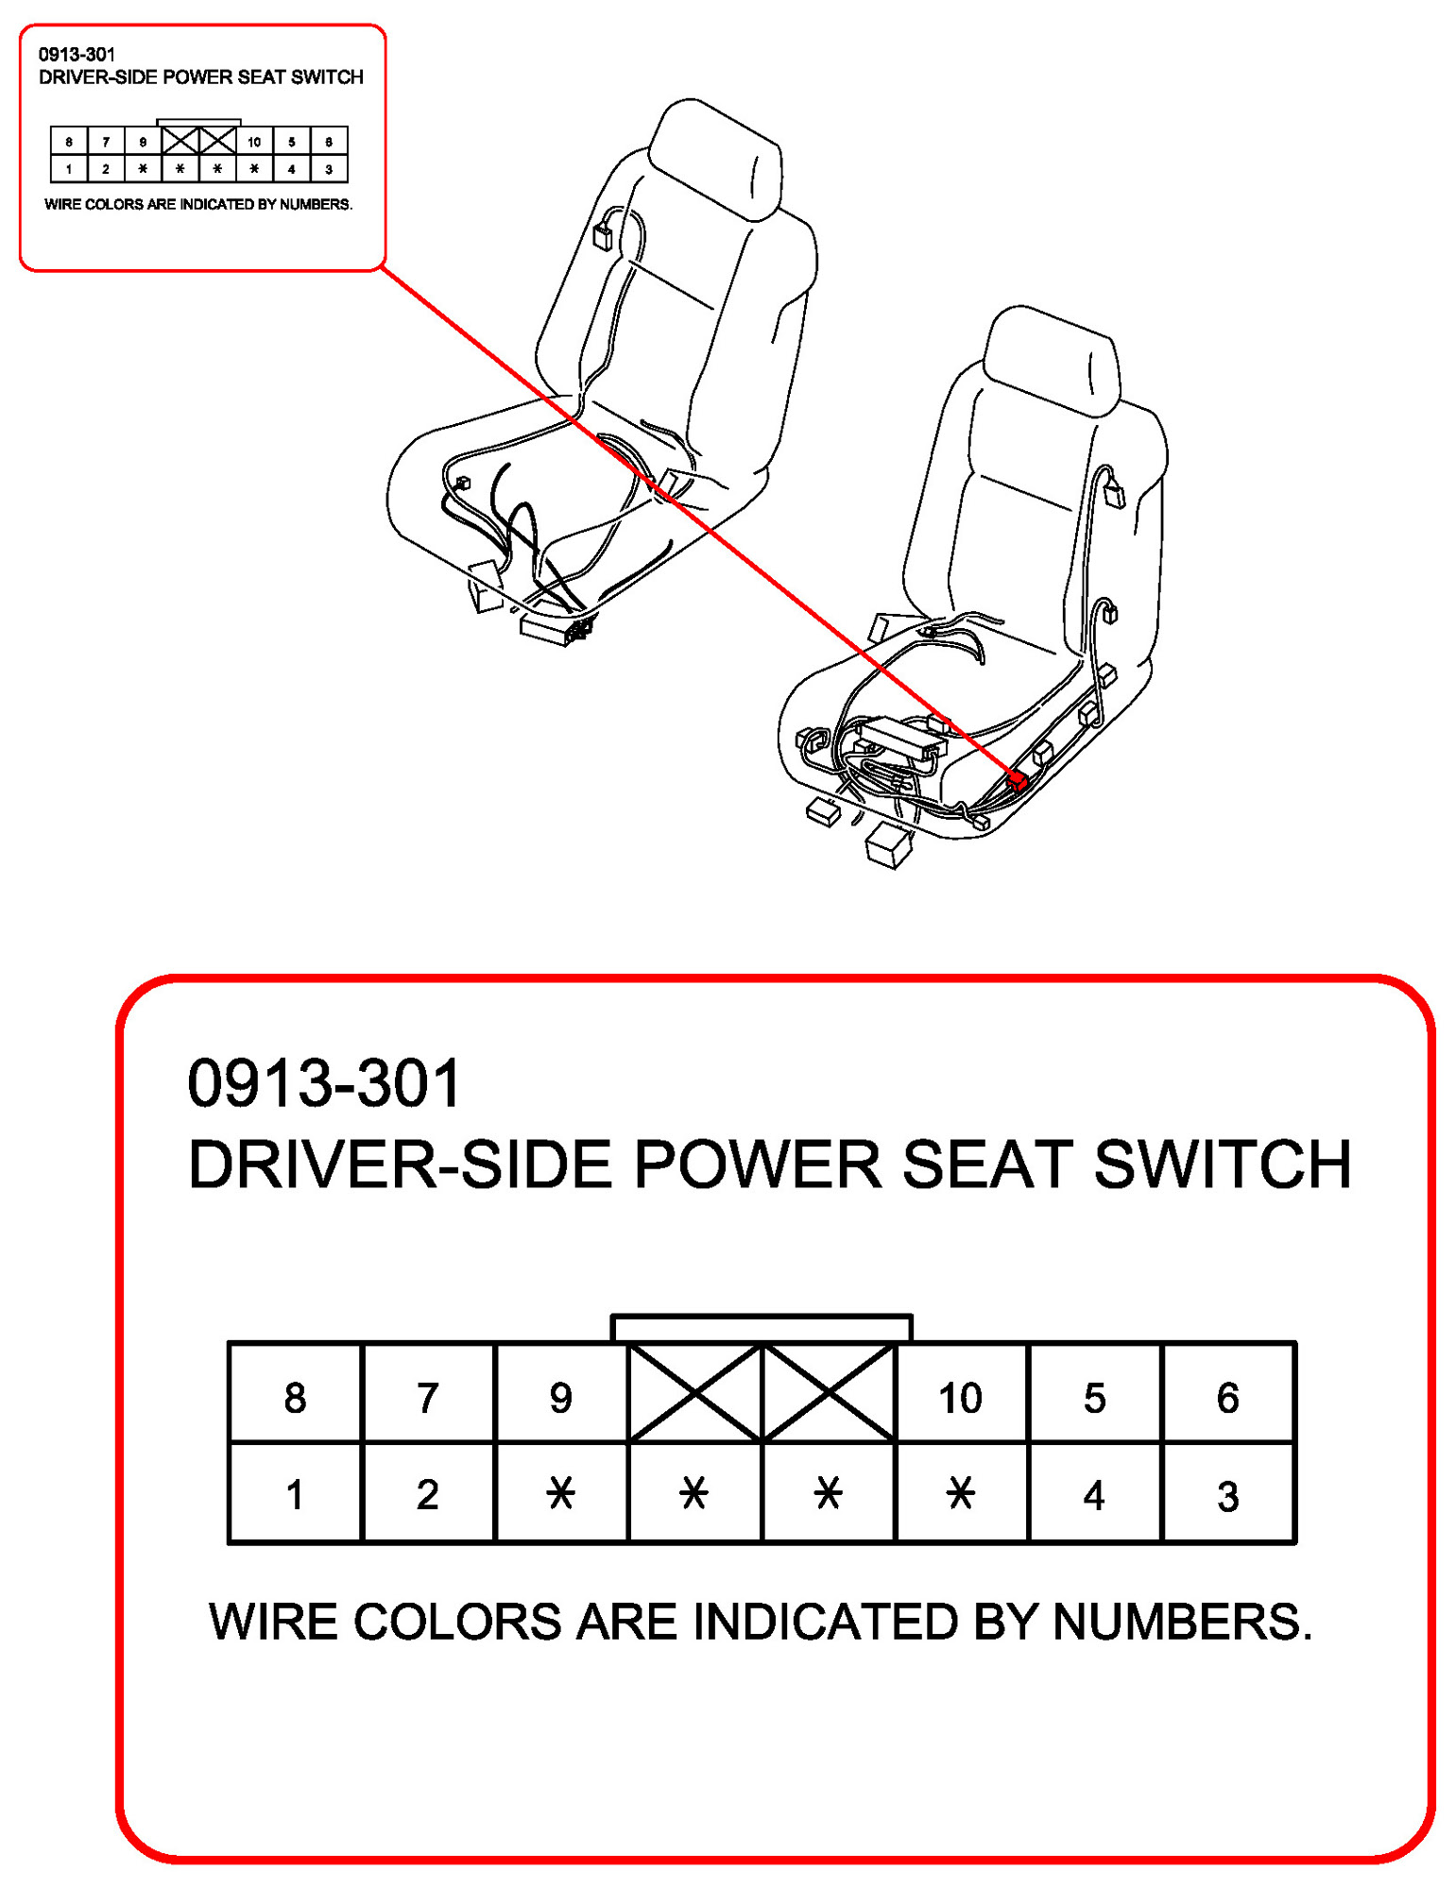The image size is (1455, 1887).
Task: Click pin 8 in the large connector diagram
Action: click(295, 1394)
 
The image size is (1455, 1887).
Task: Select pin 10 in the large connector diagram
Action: click(961, 1394)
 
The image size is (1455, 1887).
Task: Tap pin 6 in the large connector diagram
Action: click(1228, 1394)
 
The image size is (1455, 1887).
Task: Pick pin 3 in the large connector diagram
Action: click(1228, 1493)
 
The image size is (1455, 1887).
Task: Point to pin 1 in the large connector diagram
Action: click(295, 1493)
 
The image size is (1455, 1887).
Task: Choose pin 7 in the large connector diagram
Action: click(428, 1394)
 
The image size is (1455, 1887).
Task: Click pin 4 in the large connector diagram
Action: click(1094, 1493)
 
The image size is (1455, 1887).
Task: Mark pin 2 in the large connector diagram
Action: click(428, 1493)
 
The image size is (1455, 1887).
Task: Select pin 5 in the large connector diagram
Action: click(1094, 1394)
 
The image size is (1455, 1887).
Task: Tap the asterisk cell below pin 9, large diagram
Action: click(561, 1493)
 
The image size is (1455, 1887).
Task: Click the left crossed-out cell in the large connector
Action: click(694, 1394)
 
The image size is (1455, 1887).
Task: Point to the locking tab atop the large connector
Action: click(762, 1328)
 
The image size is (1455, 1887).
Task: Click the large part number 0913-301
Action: click(324, 1083)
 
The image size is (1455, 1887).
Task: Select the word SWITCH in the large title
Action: click(1224, 1164)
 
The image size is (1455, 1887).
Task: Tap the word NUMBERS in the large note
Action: click(1183, 1623)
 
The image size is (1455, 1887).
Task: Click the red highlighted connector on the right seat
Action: click(1018, 780)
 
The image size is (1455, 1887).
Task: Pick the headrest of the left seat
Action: click(716, 158)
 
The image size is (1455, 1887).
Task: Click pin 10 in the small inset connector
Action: click(254, 142)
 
